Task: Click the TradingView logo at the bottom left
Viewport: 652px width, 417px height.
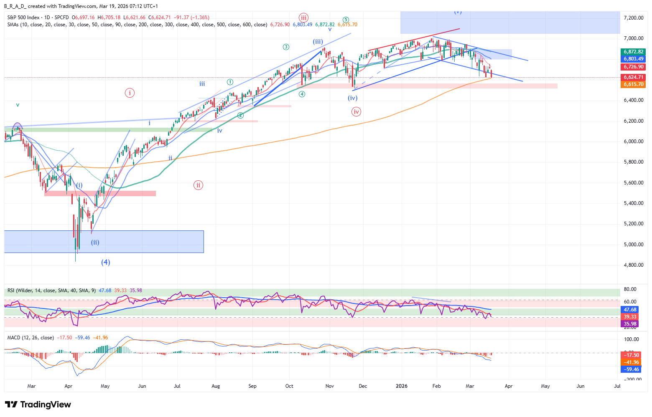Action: coord(38,404)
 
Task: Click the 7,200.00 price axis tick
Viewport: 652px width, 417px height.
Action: coord(633,18)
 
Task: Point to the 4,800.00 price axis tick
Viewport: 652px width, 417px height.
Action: coord(633,265)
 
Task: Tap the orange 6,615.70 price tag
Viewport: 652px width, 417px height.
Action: coord(634,84)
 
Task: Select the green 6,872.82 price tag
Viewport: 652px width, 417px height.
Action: coord(634,52)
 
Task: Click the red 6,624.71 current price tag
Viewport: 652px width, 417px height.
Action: coord(634,77)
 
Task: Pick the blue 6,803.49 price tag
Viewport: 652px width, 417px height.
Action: coord(634,59)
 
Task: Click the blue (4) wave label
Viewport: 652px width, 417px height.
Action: coord(105,262)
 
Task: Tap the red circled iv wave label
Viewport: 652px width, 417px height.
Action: coord(356,111)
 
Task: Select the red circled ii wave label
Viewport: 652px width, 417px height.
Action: coord(198,185)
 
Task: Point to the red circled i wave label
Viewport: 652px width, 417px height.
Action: coord(130,93)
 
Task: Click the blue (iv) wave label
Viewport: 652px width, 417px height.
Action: coord(352,98)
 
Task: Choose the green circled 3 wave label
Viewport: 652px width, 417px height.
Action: coord(286,47)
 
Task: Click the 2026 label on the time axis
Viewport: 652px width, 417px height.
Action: coord(401,386)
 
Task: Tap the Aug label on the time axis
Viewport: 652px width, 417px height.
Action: coord(216,386)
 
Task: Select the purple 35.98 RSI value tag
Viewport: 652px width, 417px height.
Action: coord(630,324)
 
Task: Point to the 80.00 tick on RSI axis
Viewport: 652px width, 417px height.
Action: coord(630,289)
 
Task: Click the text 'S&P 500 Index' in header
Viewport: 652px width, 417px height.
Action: coord(23,18)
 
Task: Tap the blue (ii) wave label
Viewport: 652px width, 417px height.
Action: coord(95,243)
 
